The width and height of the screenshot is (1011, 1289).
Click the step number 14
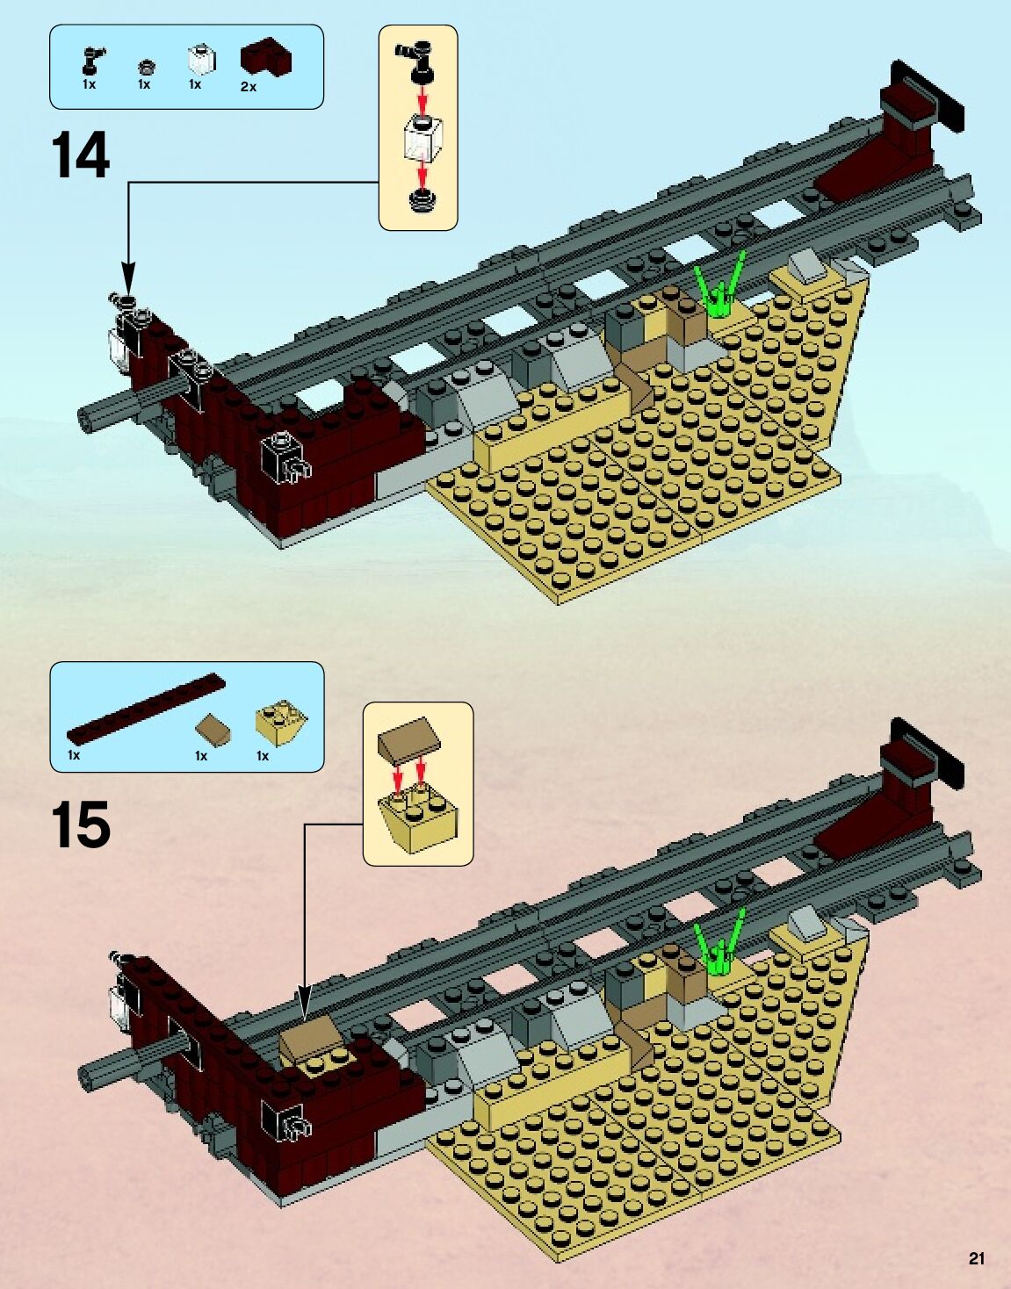[x=81, y=155]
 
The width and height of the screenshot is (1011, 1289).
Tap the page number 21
[x=977, y=1258]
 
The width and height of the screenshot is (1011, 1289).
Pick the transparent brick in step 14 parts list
[x=200, y=61]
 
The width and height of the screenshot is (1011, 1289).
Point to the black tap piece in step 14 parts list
[x=90, y=59]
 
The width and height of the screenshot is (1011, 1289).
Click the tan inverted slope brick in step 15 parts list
[x=281, y=721]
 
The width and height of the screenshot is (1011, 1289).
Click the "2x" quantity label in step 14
[x=249, y=87]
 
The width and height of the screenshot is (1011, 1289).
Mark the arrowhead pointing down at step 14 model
[x=129, y=278]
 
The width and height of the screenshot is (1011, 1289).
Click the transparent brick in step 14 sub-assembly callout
[x=422, y=139]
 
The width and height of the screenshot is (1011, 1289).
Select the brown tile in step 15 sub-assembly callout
[x=408, y=738]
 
